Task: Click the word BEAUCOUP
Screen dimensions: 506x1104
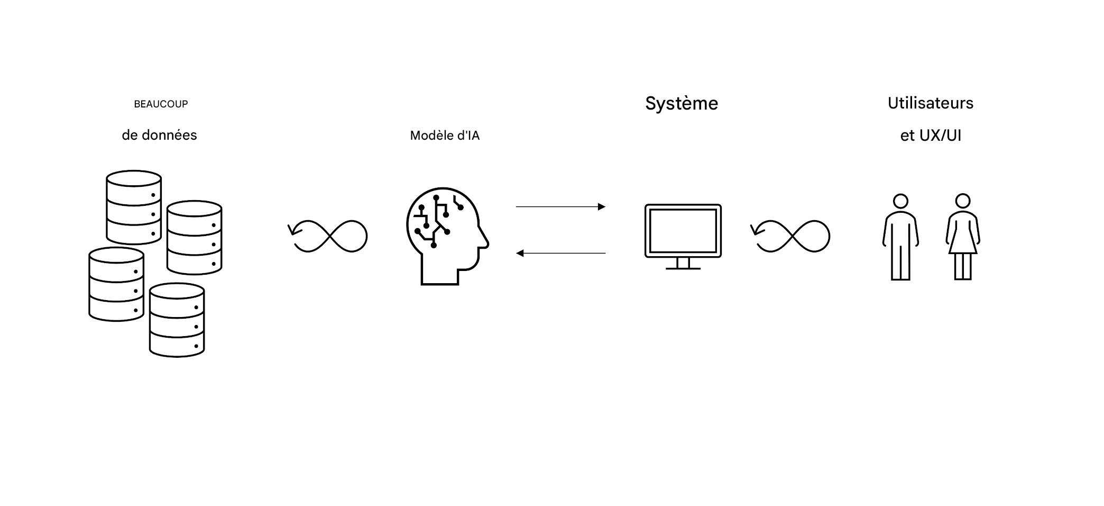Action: (161, 104)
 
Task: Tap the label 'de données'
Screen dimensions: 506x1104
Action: (159, 135)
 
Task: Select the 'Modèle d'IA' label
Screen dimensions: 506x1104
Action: (445, 136)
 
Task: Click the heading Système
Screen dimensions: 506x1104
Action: (682, 103)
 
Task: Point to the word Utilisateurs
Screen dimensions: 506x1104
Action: (931, 103)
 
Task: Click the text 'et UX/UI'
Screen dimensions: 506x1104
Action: (931, 136)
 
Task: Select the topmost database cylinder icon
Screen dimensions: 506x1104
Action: (134, 207)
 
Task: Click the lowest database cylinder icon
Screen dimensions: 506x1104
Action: (177, 320)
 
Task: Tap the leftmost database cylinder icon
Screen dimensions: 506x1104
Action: (116, 284)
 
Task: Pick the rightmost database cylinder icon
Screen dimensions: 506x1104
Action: (194, 238)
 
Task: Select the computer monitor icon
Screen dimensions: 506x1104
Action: (683, 231)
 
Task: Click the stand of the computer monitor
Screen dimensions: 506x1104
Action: (683, 264)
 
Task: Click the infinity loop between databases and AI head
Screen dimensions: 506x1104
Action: (329, 236)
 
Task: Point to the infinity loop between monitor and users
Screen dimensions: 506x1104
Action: (792, 236)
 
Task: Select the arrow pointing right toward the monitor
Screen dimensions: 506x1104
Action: (560, 206)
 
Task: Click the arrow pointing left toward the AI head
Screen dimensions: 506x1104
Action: (560, 254)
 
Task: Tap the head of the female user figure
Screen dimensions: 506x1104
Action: (963, 201)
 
